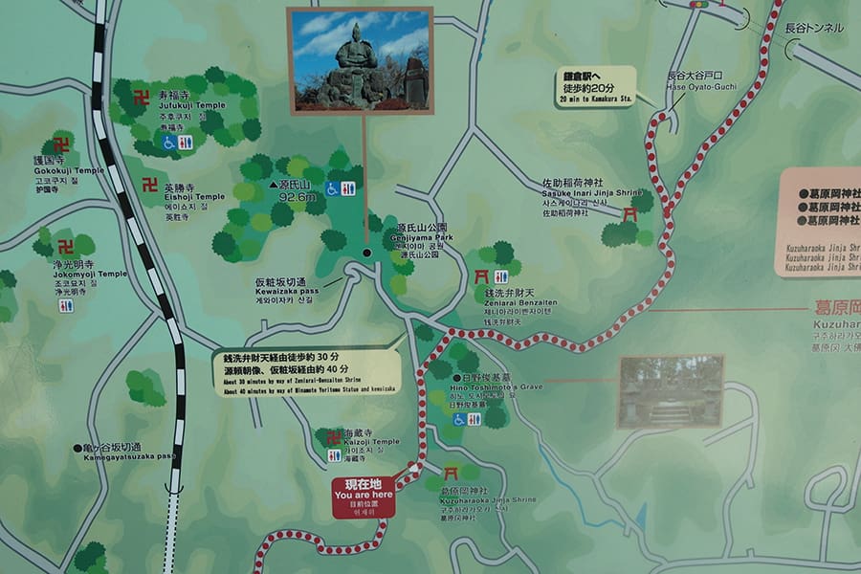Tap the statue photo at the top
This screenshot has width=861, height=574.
(x=360, y=60)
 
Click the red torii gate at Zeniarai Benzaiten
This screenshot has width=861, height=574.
(x=482, y=276)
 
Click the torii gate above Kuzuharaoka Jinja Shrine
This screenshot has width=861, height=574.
(x=451, y=473)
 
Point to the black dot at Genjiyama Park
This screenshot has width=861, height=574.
(x=365, y=254)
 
